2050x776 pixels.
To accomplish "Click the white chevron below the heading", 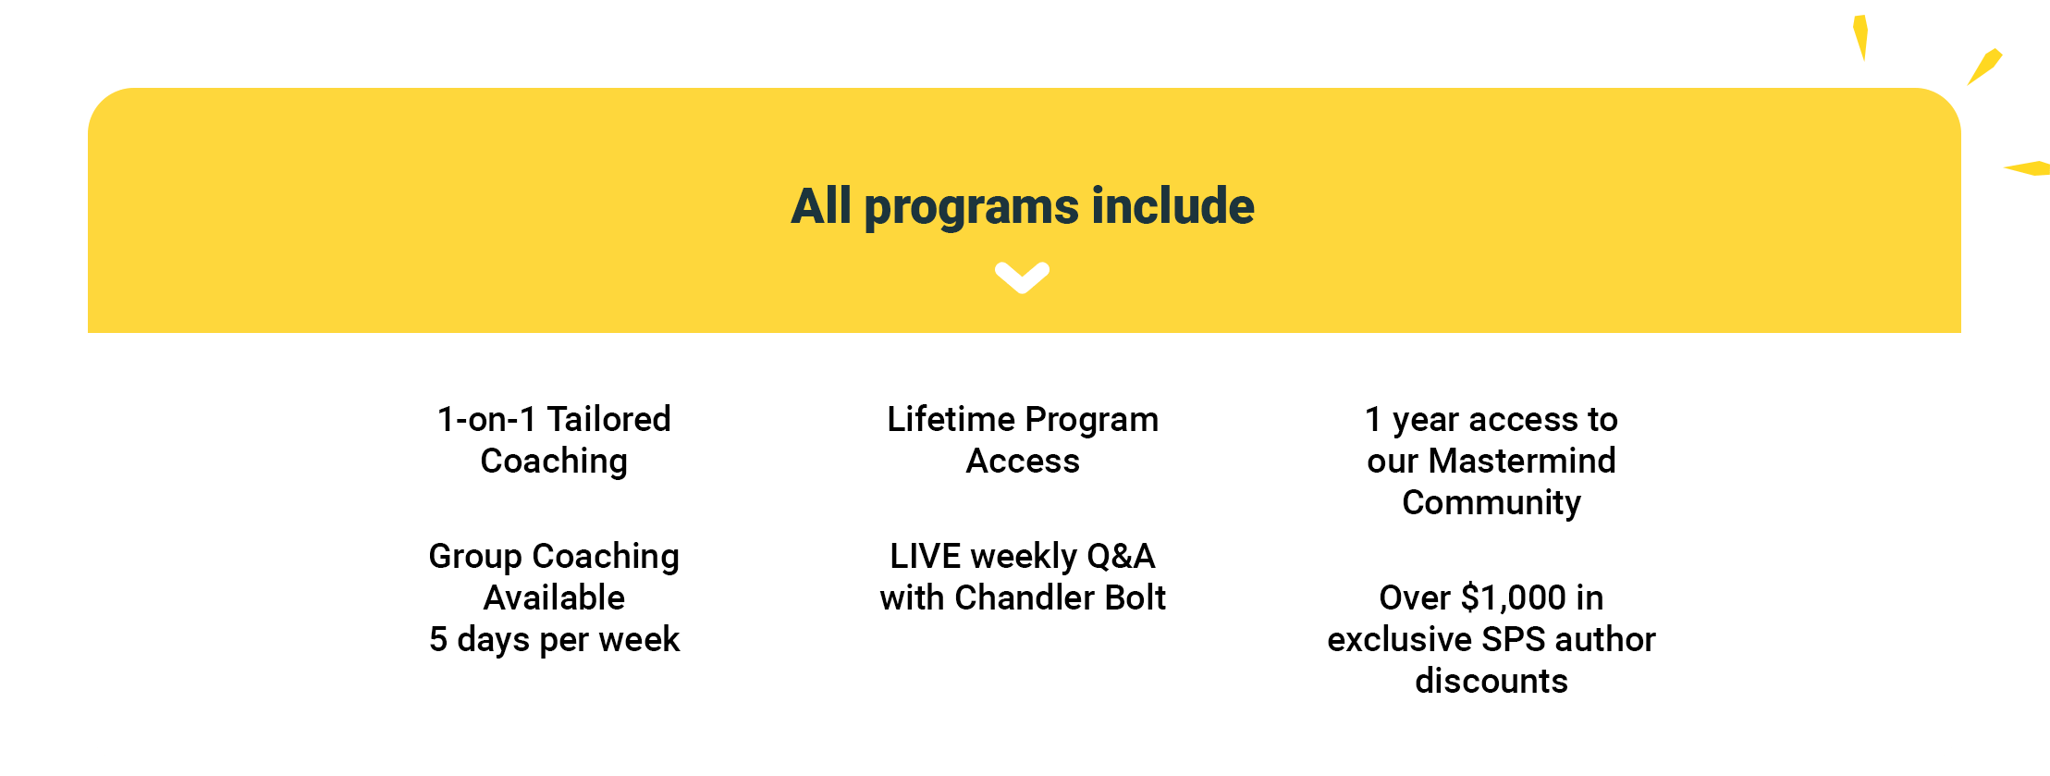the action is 1022,277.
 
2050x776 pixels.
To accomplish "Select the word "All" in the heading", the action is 821,205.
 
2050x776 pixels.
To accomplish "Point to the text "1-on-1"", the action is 486,419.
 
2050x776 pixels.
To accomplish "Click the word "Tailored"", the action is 608,419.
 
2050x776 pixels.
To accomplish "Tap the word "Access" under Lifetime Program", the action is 1023,461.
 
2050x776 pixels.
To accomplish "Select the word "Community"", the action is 1491,503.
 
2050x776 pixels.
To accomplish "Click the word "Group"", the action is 475,557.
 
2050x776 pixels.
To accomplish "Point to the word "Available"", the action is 554,597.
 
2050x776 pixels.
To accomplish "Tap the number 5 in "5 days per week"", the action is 438,639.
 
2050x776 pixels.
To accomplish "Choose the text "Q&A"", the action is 1121,556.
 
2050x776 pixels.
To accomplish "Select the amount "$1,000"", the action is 1514,597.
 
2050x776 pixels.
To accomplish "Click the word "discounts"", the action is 1491,681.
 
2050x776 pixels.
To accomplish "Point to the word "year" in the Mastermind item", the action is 1426,421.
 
